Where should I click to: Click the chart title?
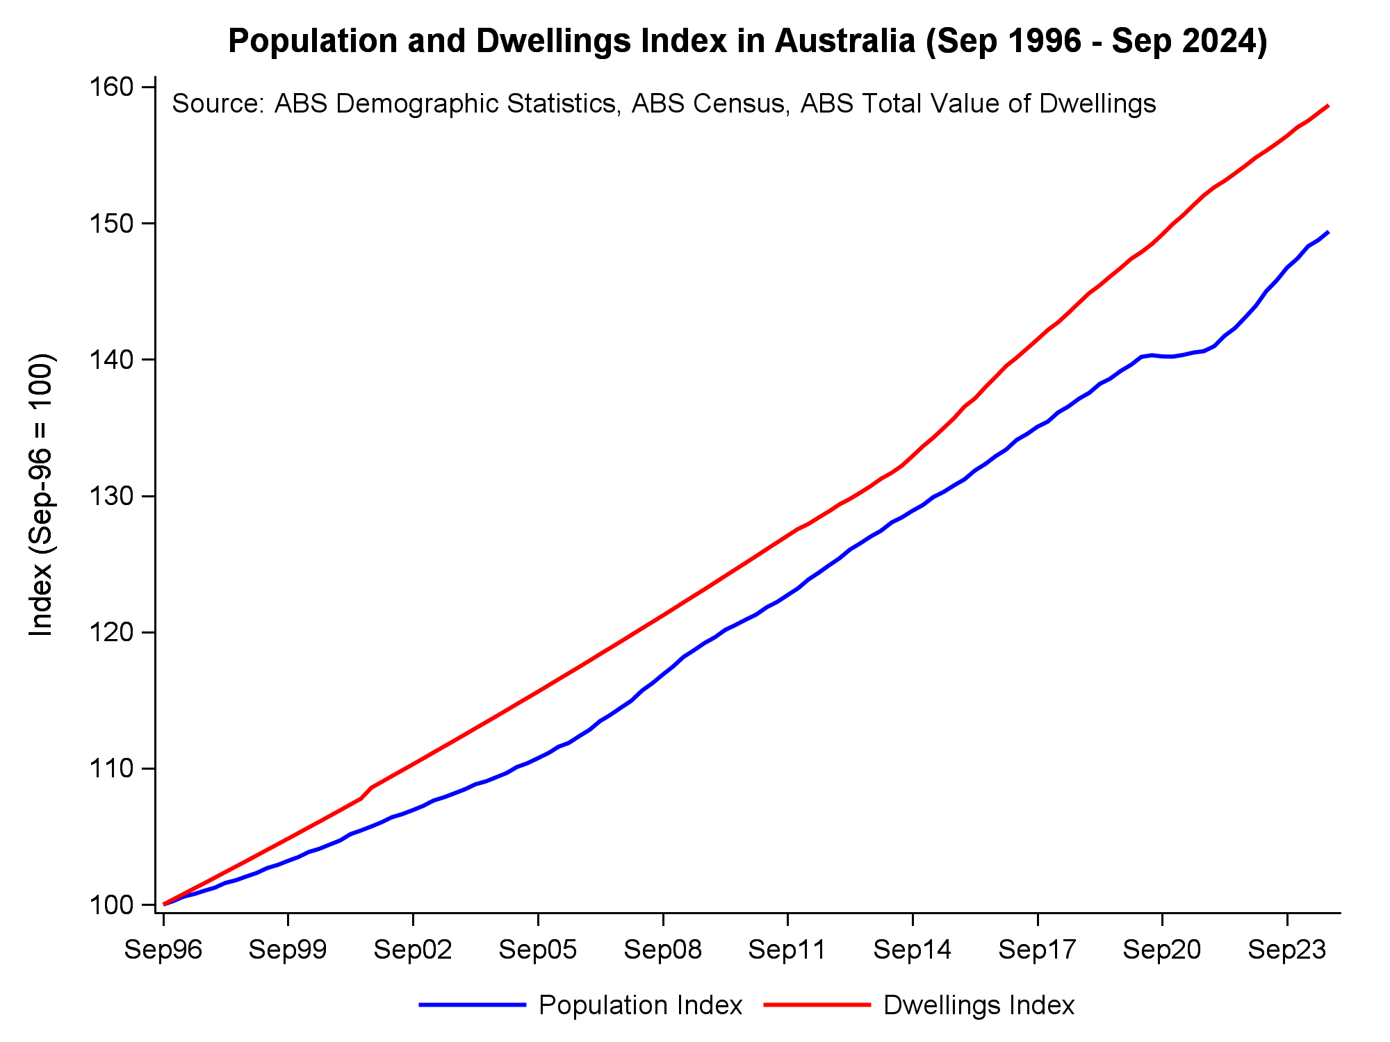pos(748,42)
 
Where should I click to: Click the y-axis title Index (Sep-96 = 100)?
pos(42,495)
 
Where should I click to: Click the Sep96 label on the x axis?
pos(163,950)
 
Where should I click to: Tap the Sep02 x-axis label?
pos(413,950)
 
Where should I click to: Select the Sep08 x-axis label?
pos(663,950)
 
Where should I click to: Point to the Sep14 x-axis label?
pos(913,950)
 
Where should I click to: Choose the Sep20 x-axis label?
pos(1162,950)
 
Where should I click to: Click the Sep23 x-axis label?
pos(1287,950)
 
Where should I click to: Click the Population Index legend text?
pos(640,1005)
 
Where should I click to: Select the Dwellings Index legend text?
pos(979,1005)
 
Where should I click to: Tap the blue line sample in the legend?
pos(473,1004)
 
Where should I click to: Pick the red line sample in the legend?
pos(817,1004)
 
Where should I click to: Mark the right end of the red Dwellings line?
pos(1328,106)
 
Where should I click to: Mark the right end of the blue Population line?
pos(1328,232)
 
